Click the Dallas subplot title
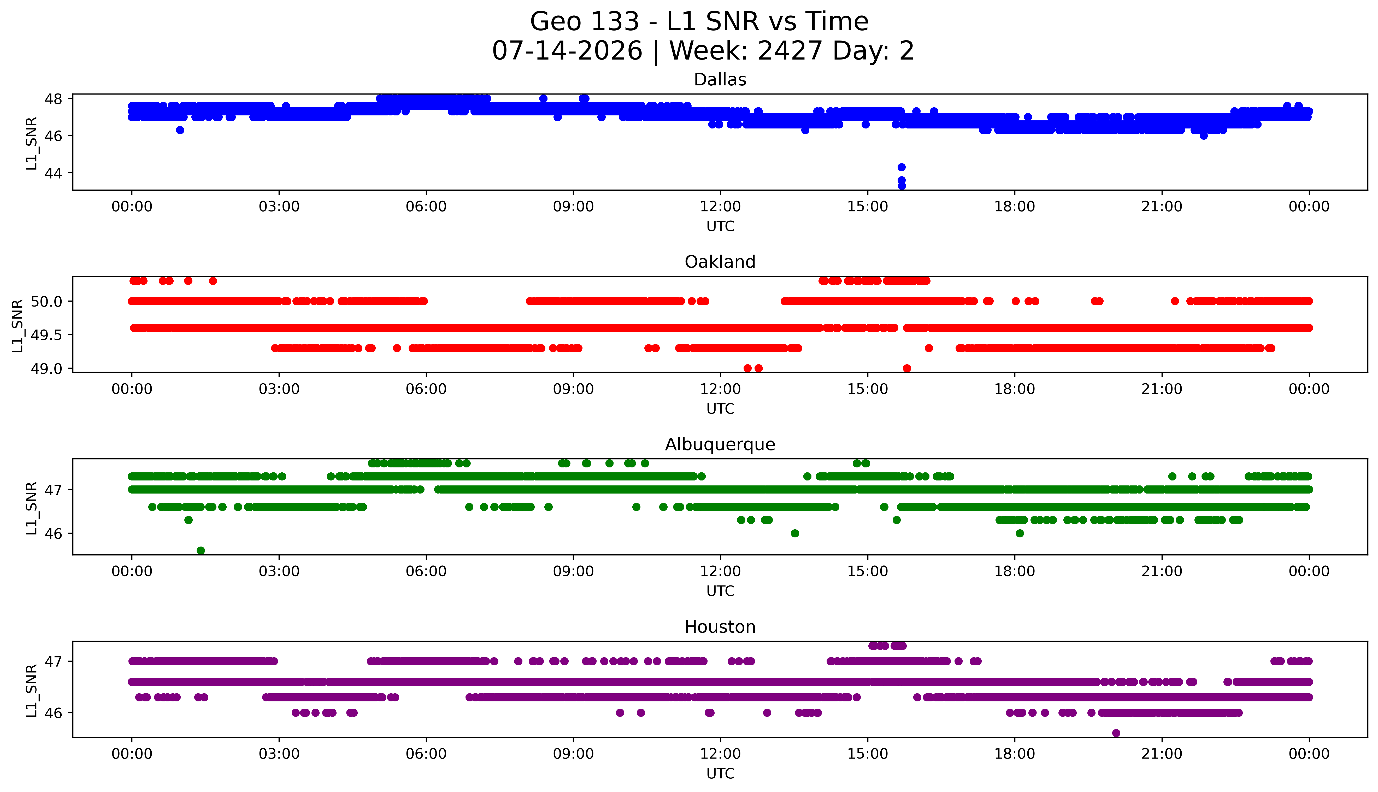pyautogui.click(x=720, y=80)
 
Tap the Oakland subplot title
pyautogui.click(x=720, y=262)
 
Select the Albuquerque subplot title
pyautogui.click(x=720, y=444)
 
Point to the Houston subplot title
pyautogui.click(x=720, y=627)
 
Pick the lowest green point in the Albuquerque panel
pyautogui.click(x=201, y=550)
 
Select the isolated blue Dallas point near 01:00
pyautogui.click(x=180, y=130)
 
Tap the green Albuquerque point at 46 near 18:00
pyautogui.click(x=1020, y=533)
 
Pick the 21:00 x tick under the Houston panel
pyautogui.click(x=1162, y=754)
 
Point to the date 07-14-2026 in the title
pyautogui.click(x=567, y=51)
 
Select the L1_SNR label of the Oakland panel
pyautogui.click(x=18, y=325)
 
